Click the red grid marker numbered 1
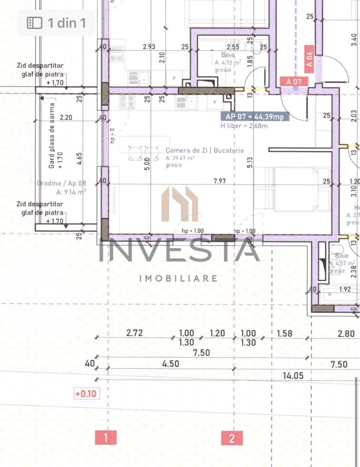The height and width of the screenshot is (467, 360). [105, 438]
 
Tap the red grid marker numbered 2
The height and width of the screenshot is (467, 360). [232, 438]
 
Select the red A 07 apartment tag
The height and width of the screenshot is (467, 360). [294, 81]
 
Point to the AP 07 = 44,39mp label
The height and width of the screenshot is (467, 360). [255, 116]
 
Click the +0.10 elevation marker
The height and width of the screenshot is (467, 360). [87, 394]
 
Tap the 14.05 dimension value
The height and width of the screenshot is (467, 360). [293, 375]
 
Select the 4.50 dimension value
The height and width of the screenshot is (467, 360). [170, 364]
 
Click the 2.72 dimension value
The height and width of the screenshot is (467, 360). [134, 333]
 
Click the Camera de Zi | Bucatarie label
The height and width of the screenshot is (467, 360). [204, 150]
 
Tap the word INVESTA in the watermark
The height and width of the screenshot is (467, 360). [179, 251]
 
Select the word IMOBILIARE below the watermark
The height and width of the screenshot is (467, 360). [178, 278]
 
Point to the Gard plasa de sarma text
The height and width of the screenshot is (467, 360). [52, 136]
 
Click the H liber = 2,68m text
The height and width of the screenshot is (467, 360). [243, 126]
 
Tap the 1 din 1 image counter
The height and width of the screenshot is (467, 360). [56, 23]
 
